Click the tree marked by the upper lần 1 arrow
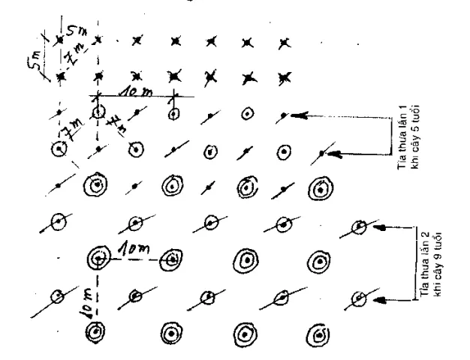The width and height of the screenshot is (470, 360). (283, 115)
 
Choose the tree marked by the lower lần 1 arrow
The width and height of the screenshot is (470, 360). (321, 153)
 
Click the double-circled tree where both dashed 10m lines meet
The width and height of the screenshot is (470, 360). (98, 259)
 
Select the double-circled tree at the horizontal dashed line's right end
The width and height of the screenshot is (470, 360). (173, 259)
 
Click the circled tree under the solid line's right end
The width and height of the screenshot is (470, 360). (173, 115)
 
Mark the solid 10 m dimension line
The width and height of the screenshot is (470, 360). (135, 96)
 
